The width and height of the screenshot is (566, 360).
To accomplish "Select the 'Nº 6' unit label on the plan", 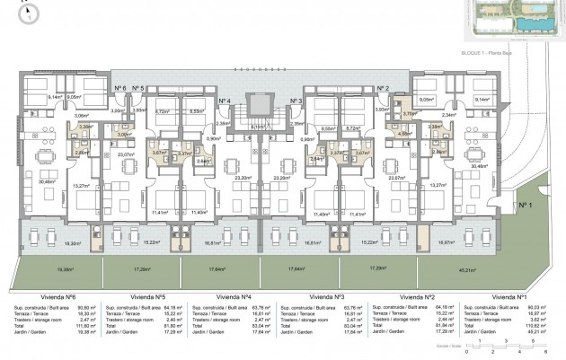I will (x=119, y=88).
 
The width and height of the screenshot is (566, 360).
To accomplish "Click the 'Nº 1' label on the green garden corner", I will (x=521, y=205).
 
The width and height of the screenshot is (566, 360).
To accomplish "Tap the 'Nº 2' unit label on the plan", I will (x=382, y=88).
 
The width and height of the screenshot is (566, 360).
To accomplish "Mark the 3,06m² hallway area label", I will (x=80, y=116).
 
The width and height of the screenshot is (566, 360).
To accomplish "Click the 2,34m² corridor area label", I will (x=448, y=116).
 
